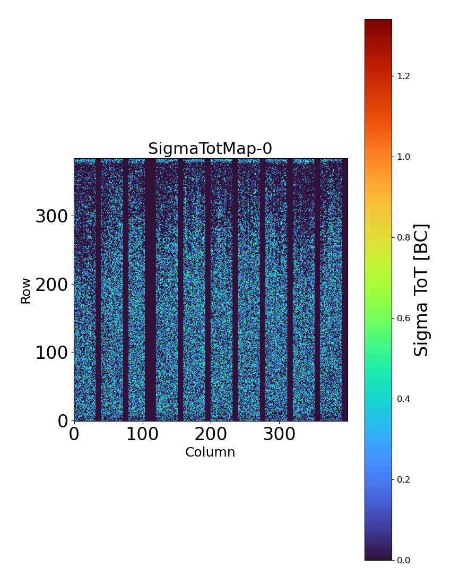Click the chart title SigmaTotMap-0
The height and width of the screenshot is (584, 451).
point(210,149)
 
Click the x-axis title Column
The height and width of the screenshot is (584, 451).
point(210,452)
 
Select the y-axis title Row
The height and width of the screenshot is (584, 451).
point(26,290)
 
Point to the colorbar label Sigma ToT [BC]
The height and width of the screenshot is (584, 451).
point(421,290)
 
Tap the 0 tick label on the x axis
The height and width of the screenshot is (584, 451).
point(74,435)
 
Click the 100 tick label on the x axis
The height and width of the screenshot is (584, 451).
point(142,435)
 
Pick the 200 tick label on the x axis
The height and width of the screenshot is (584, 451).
point(211,435)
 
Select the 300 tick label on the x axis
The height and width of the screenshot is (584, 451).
point(279,435)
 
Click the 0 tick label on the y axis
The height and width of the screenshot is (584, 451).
point(64,421)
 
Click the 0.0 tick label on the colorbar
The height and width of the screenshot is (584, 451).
point(404,560)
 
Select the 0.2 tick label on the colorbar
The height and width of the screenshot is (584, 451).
point(404,479)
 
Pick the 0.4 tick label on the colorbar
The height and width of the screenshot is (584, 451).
point(404,399)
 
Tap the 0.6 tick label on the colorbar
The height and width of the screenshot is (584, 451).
point(404,318)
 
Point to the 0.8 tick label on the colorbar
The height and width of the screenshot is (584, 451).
point(404,237)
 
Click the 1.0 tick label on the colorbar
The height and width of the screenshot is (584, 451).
point(404,157)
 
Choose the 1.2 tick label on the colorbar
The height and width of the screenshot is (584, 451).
point(404,76)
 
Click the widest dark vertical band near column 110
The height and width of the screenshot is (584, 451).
point(150,290)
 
